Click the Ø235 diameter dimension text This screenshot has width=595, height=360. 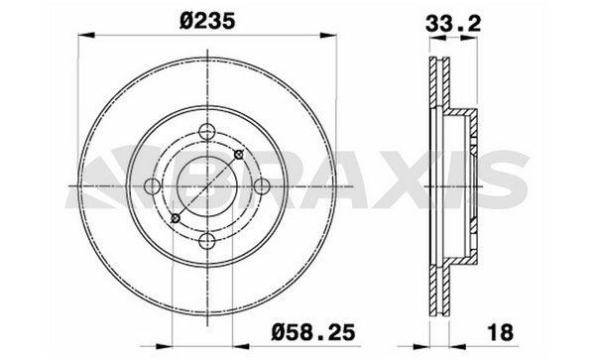coord(207,21)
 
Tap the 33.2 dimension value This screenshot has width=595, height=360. coord(453,24)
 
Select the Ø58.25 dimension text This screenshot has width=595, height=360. coord(313,332)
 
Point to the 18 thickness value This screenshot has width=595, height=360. coord(501,332)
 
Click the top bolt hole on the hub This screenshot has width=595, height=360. coord(207,132)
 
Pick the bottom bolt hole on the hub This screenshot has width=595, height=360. coord(207,241)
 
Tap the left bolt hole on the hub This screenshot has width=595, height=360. coord(153,186)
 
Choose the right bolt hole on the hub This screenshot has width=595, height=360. coord(262,186)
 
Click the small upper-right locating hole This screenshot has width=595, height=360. coord(239,155)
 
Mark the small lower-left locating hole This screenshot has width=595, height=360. coord(176,218)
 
